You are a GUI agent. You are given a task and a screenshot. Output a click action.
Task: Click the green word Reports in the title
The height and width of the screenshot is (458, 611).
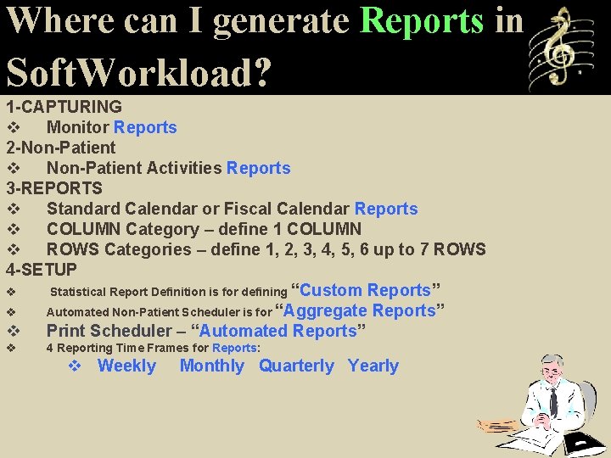pyautogui.click(x=422, y=21)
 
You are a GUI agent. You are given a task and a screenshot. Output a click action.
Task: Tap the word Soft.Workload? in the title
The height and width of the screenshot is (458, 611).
pyautogui.click(x=139, y=71)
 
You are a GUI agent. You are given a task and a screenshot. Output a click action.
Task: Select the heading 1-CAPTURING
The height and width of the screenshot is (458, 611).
pyautogui.click(x=64, y=107)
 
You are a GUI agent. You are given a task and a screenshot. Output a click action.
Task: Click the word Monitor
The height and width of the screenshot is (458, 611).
pyautogui.click(x=77, y=127)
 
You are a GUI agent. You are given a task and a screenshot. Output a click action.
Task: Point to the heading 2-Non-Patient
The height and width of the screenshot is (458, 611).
pyautogui.click(x=61, y=148)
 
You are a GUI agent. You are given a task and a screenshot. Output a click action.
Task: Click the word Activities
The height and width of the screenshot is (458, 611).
pyautogui.click(x=184, y=168)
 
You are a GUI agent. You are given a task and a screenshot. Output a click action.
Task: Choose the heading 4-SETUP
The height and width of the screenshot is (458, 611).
pyautogui.click(x=42, y=270)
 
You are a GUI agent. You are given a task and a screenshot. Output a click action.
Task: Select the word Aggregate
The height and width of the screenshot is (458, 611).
pyautogui.click(x=325, y=310)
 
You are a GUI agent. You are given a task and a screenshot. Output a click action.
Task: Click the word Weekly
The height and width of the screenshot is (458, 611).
pyautogui.click(x=127, y=366)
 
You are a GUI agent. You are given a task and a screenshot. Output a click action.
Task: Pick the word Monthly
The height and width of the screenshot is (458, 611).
pyautogui.click(x=212, y=366)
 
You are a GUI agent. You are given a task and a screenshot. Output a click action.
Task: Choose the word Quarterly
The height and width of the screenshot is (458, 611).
pyautogui.click(x=297, y=366)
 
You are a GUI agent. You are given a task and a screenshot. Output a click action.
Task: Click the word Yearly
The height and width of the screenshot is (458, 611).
pyautogui.click(x=373, y=366)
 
